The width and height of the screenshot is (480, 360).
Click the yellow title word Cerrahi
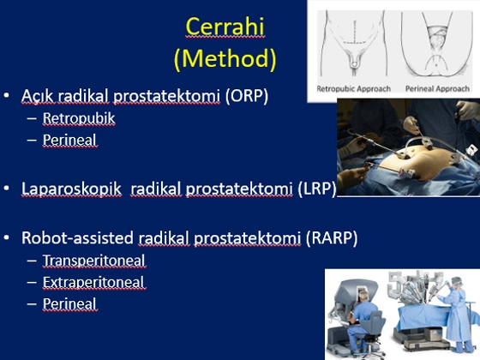tap(225, 27)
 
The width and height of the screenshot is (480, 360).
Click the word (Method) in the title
tap(225, 58)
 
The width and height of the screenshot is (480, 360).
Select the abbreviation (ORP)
tap(247, 95)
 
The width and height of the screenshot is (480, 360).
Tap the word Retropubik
tap(79, 118)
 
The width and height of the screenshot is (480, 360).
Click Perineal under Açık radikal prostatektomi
tap(69, 141)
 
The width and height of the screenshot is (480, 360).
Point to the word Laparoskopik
tap(71, 189)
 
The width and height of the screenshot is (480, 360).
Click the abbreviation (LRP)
tap(317, 189)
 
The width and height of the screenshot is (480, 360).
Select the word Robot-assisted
tap(77, 237)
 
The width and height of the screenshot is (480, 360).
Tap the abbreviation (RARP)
tap(332, 238)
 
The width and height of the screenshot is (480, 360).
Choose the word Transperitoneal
tap(93, 261)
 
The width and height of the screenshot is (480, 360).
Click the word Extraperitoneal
tap(93, 282)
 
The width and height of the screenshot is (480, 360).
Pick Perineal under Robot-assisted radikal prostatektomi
tap(69, 304)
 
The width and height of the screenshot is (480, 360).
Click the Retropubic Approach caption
tap(353, 89)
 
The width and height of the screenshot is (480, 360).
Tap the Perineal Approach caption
tap(437, 89)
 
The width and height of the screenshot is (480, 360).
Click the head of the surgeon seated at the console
tap(363, 295)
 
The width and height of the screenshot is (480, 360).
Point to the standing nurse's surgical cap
tap(457, 281)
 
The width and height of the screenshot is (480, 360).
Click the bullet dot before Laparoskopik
tap(7, 189)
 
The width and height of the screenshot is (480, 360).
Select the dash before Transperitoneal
tap(32, 261)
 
